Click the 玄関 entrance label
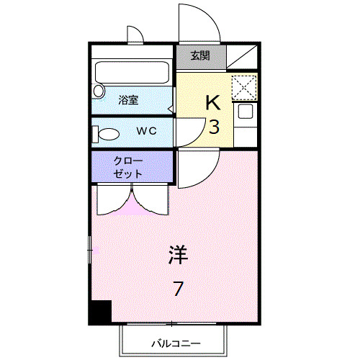[x=201, y=56]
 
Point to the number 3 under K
[x=214, y=128]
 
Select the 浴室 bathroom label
[x=130, y=101]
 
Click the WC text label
[x=147, y=131]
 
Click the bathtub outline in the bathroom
[x=132, y=73]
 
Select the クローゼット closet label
[x=128, y=166]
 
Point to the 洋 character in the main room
[x=178, y=253]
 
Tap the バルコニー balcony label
[x=175, y=343]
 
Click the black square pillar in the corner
[x=100, y=312]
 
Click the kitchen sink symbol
[x=244, y=112]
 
